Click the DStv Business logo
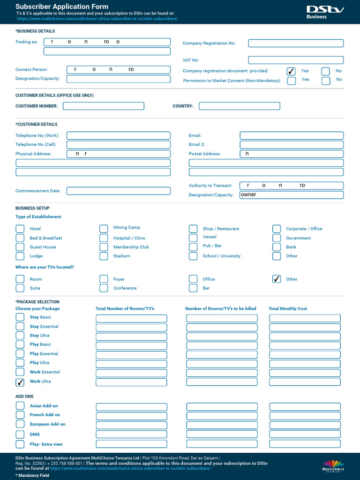[x=325, y=12]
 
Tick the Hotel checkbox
[x=20, y=229]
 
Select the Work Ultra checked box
[x=20, y=382]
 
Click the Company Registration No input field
[x=296, y=44]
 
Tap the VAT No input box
[x=296, y=60]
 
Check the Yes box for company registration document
[x=291, y=71]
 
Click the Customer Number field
[x=104, y=106]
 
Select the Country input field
[x=239, y=106]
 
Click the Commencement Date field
[x=119, y=191]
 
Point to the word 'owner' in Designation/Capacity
[x=249, y=195]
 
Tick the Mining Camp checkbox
[x=104, y=229]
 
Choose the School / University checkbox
[x=193, y=256]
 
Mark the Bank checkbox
[x=277, y=247]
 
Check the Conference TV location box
[x=104, y=288]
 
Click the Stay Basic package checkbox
[x=20, y=317]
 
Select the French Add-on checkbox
[x=20, y=415]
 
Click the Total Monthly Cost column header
[x=288, y=309]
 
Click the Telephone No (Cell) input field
[x=119, y=145]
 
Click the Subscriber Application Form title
[x=62, y=7]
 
